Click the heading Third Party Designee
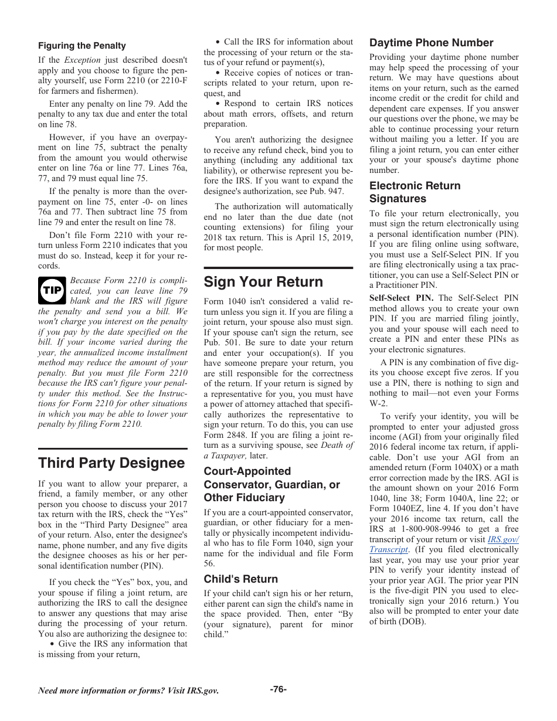(111, 463)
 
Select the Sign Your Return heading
(263, 282)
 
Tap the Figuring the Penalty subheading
(82, 46)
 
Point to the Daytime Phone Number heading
(431, 43)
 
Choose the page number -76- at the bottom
(278, 689)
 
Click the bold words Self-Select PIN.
(401, 298)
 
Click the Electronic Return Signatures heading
(415, 192)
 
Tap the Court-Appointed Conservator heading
(271, 484)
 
